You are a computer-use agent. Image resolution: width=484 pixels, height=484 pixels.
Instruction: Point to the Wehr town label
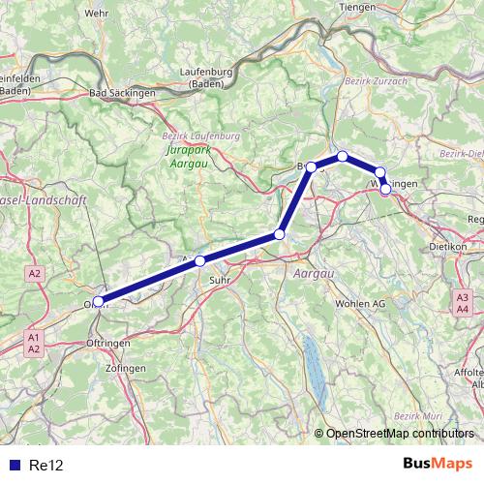(x=97, y=13)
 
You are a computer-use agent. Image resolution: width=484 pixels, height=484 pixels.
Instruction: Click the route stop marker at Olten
(x=99, y=301)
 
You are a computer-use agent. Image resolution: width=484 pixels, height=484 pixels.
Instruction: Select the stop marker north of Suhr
(x=200, y=260)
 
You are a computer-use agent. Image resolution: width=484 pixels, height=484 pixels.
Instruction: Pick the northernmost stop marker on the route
(x=343, y=156)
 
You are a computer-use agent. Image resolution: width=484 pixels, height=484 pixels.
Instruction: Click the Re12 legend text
(x=46, y=465)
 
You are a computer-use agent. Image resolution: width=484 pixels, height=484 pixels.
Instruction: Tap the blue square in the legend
(x=14, y=465)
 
